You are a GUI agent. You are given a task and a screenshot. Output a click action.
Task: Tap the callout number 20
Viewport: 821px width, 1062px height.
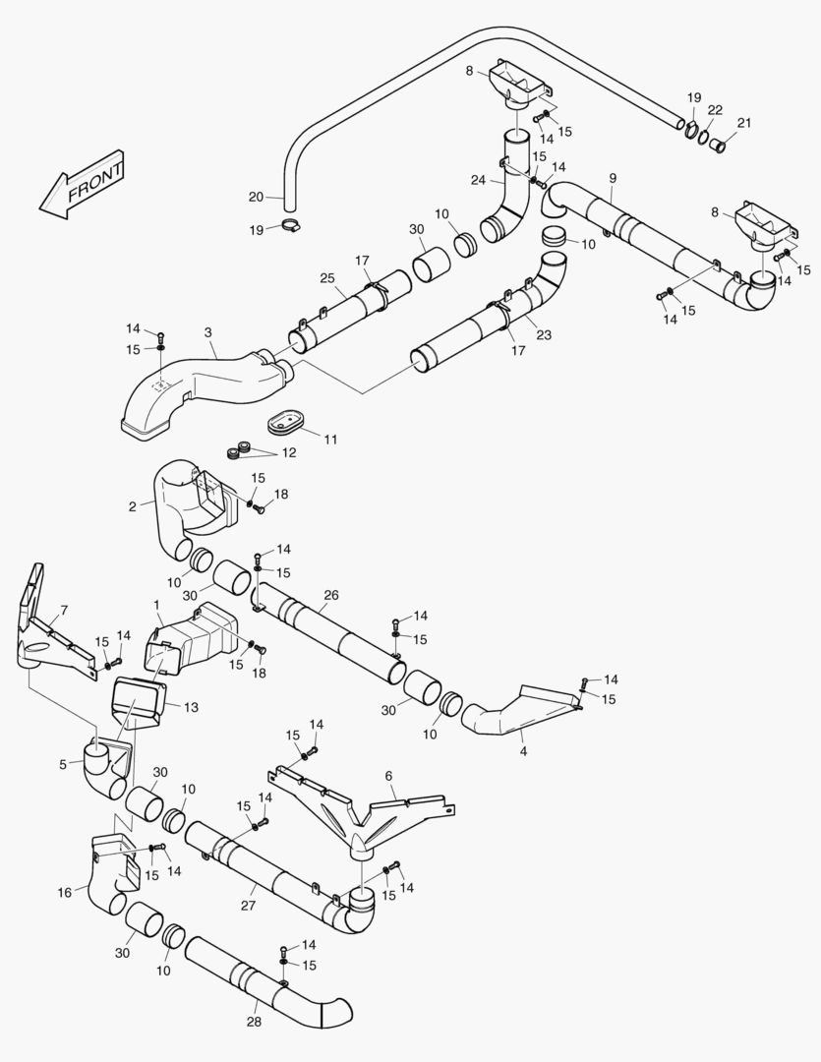(x=256, y=197)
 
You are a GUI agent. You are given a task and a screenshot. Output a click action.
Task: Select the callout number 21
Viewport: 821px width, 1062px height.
(x=743, y=123)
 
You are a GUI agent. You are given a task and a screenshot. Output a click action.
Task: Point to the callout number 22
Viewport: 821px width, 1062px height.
(x=715, y=109)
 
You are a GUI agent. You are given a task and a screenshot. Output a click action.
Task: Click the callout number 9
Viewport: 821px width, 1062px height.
(x=613, y=177)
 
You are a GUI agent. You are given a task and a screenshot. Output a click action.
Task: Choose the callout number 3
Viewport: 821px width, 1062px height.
(x=208, y=332)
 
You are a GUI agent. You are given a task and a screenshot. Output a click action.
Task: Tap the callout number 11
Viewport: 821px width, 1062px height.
(x=330, y=439)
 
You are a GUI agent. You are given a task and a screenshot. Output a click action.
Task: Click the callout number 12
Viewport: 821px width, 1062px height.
(x=288, y=453)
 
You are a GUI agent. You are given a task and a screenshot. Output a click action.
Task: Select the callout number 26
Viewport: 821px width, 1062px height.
(x=330, y=594)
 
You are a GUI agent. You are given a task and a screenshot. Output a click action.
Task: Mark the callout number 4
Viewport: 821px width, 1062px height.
(x=523, y=751)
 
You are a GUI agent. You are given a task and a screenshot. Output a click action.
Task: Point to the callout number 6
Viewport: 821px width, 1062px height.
(x=388, y=776)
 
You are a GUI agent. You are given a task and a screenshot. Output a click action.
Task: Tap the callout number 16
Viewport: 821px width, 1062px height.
(x=65, y=892)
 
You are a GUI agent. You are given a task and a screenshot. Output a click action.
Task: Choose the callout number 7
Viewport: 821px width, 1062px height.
(x=64, y=611)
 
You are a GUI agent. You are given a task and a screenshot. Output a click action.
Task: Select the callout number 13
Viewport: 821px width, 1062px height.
(x=191, y=706)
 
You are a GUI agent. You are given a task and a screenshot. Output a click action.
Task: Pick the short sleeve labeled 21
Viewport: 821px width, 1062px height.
(x=719, y=148)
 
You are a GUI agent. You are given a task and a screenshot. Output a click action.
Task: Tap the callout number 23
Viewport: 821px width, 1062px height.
(x=544, y=335)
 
